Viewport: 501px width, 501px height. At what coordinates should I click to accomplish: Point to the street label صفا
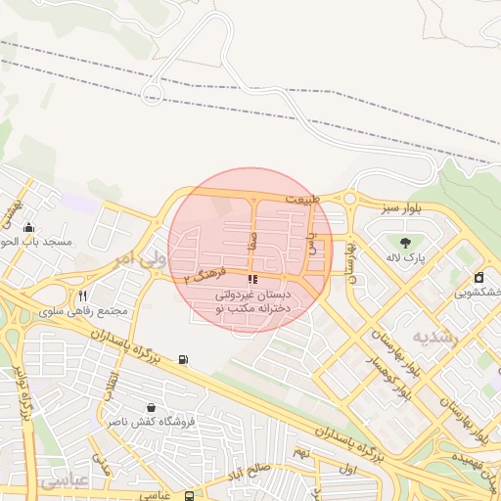tap(252, 241)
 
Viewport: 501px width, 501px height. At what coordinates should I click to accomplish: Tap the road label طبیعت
tap(303, 199)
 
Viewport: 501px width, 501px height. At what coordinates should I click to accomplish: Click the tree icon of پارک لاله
tap(405, 242)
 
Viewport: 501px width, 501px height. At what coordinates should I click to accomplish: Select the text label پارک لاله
tap(405, 258)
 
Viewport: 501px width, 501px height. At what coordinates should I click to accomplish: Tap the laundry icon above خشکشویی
tap(478, 277)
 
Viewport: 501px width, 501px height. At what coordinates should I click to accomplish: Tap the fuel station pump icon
tap(183, 359)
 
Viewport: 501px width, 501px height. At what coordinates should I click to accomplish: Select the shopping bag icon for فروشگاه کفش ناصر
tap(151, 407)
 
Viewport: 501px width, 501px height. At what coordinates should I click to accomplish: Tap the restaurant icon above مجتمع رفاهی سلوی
tap(83, 296)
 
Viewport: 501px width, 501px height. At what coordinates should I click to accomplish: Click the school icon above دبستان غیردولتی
tap(254, 280)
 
